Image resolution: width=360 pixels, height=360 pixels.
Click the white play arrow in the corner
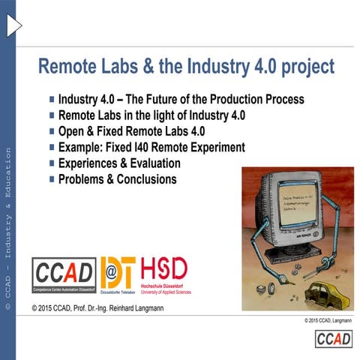pyautogui.click(x=13, y=25)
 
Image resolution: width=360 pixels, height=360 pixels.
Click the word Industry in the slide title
pyautogui.click(x=214, y=67)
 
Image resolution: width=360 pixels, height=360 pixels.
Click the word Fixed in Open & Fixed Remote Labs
pyautogui.click(x=112, y=131)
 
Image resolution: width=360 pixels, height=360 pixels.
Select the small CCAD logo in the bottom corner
pyautogui.click(x=333, y=339)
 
